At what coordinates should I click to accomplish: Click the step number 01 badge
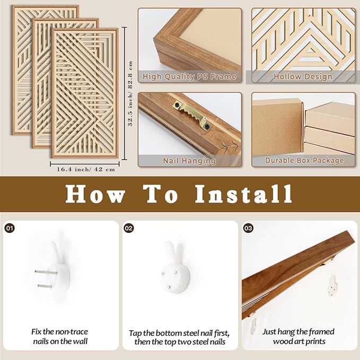10,228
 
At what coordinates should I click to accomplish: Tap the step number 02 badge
128,228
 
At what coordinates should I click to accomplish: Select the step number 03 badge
248,228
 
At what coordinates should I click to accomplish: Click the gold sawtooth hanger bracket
192,116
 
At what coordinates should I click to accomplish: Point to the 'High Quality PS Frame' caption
189,77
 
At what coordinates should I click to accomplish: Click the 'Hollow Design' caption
303,77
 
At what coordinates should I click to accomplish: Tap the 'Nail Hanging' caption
189,161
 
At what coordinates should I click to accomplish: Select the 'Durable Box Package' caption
304,160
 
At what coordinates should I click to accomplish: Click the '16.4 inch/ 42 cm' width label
86,170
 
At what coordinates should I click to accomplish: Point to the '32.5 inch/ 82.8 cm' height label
130,93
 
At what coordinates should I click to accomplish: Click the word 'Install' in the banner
243,194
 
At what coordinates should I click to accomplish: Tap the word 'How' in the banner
95,194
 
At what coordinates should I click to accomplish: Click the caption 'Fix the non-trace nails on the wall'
60,337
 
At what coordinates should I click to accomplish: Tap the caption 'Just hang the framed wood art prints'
298,337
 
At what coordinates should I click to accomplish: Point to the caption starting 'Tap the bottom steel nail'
179,337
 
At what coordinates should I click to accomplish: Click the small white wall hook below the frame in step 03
332,286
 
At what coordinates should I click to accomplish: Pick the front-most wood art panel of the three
85,93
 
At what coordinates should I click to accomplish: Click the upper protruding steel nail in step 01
46,273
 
